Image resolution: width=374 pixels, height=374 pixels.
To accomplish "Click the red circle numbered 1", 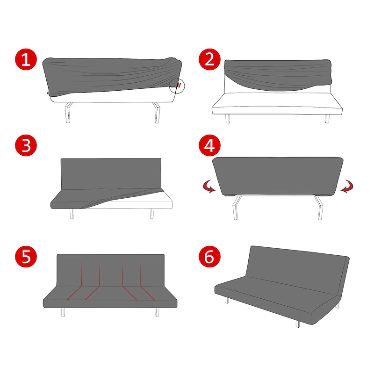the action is (26, 59).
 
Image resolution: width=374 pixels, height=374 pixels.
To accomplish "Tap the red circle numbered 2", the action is (209, 59).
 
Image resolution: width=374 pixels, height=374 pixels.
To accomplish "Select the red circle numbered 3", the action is (26, 145).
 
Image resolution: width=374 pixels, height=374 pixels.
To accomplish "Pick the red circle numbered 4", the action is (209, 145).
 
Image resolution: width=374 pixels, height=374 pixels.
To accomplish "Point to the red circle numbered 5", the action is (26, 257).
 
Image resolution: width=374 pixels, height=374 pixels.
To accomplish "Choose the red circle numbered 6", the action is (209, 257).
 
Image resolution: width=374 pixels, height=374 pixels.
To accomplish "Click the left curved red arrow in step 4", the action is (209, 187).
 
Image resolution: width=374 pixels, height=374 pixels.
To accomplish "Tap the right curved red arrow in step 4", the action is (347, 187).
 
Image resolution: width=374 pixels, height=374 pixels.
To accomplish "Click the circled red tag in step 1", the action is (179, 85).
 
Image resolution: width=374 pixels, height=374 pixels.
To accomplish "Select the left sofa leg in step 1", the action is (68, 113).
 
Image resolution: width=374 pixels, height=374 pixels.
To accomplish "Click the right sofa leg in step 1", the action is (157, 113).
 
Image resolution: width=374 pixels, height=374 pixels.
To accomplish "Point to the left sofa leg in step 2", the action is (228, 119).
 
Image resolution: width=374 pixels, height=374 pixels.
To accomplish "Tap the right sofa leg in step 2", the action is (327, 119).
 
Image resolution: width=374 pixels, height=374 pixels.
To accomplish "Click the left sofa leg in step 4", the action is (237, 208).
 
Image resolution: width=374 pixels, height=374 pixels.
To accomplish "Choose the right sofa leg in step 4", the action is (319, 208).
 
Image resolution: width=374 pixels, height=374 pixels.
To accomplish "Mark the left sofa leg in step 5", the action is (63, 312).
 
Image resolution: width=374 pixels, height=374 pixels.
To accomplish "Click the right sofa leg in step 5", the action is (157, 312).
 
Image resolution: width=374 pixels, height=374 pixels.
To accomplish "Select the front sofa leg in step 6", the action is (298, 324).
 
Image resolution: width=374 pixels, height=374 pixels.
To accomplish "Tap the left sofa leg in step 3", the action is (72, 214).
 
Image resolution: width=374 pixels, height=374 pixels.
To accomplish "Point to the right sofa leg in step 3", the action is (152, 214).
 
